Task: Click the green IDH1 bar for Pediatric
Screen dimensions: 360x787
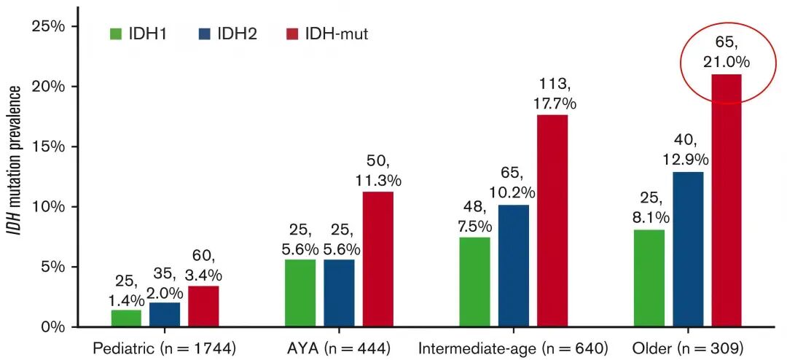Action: click(126, 318)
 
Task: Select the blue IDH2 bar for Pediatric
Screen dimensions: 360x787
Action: click(165, 315)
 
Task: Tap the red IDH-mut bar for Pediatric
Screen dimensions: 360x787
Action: click(203, 306)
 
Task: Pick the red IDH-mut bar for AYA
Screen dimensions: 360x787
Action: click(377, 259)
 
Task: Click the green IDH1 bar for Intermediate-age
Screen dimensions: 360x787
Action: click(474, 281)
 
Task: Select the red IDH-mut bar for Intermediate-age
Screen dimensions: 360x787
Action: click(552, 220)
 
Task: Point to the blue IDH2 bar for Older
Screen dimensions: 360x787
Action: click(688, 249)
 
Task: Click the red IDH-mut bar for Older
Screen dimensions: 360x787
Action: click(727, 200)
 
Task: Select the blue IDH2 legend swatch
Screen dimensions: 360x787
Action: click(204, 34)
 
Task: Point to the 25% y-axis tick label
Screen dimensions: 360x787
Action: click(50, 26)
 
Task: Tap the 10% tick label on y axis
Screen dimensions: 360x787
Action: click(50, 206)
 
